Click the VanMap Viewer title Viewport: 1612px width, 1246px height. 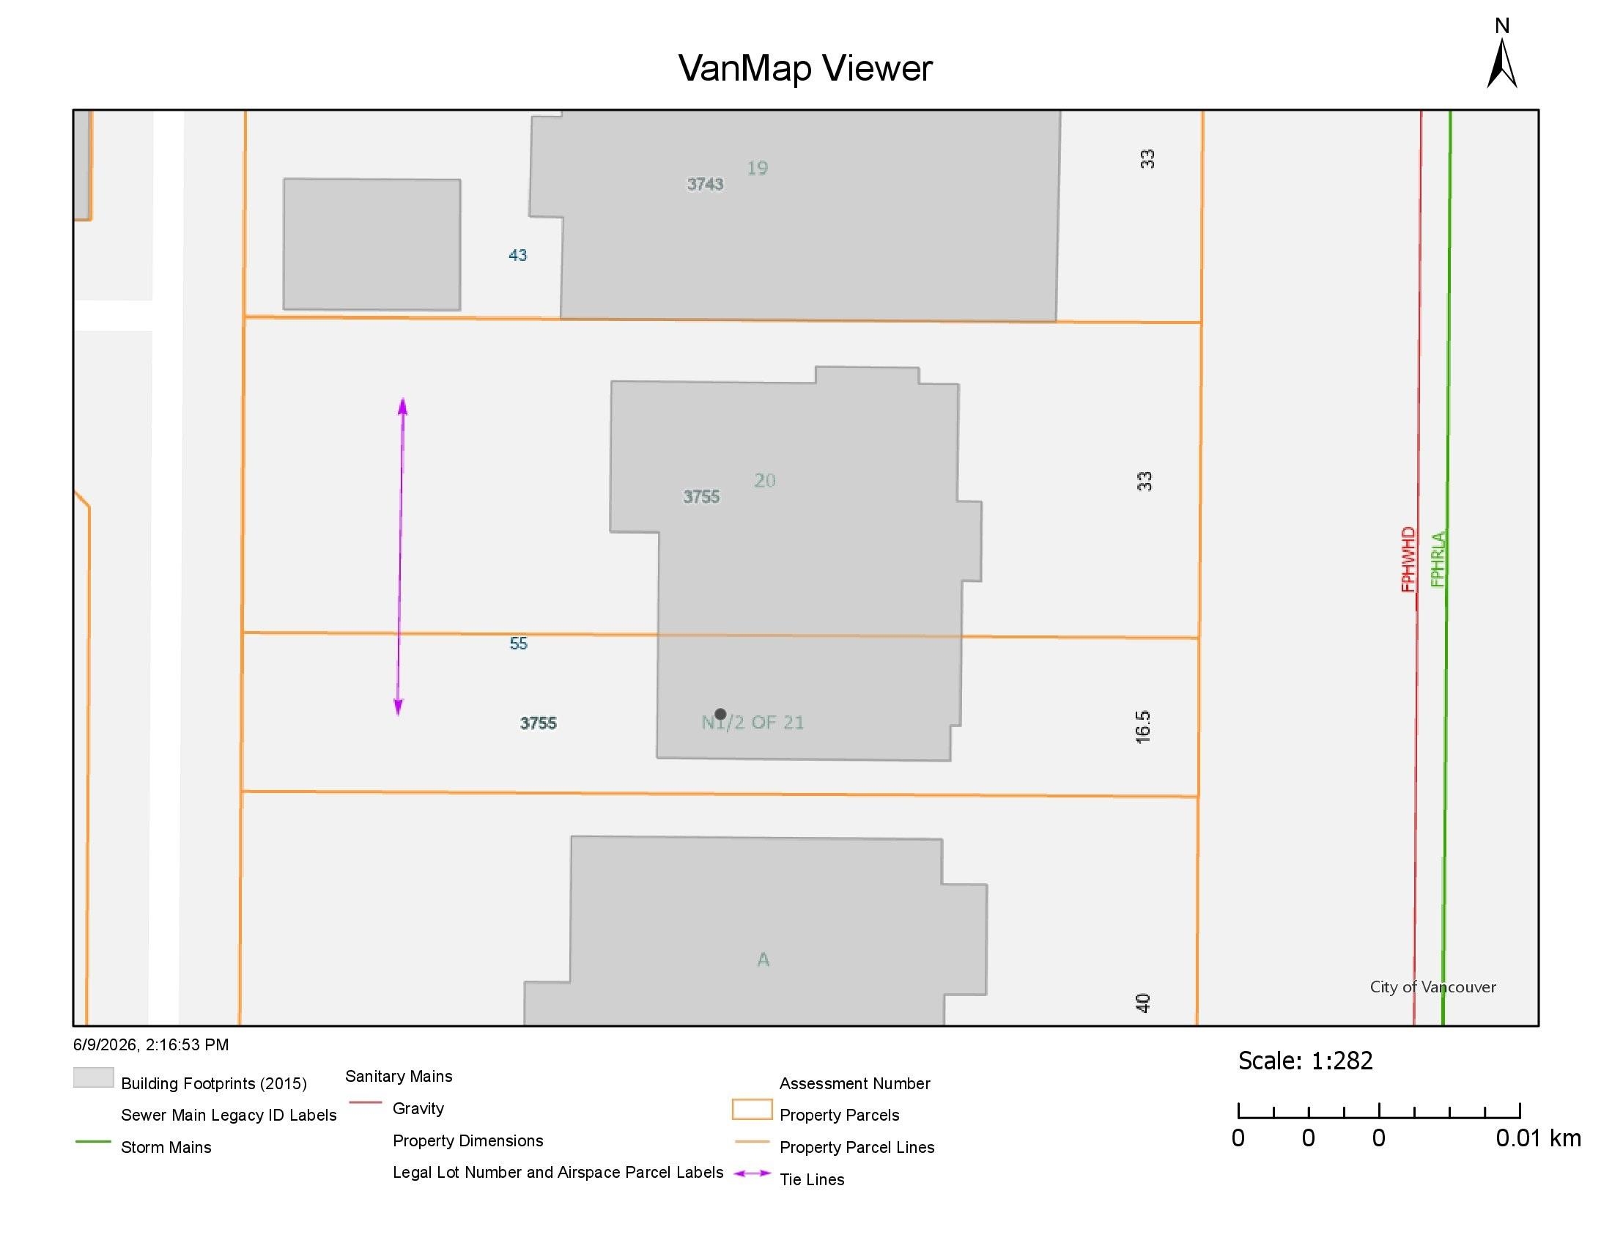coord(805,68)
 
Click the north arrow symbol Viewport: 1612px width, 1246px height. coord(1501,63)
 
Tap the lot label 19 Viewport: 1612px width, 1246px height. coord(758,169)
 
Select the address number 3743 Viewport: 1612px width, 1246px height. coord(705,184)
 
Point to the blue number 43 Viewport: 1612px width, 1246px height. coord(517,255)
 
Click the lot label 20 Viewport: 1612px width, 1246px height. coord(765,481)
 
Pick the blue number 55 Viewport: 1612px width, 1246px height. coord(518,644)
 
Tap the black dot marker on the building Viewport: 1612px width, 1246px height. coord(720,714)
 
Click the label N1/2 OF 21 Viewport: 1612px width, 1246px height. coord(752,722)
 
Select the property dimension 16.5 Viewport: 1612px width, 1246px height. coord(1142,727)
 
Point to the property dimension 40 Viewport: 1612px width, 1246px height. coord(1142,1003)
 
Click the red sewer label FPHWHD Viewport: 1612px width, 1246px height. coord(1408,559)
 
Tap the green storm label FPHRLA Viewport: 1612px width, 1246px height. coord(1438,559)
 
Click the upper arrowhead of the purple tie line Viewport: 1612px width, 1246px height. coord(403,405)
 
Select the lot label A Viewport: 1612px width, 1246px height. coord(764,959)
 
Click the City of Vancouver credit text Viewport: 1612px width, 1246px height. coord(1432,987)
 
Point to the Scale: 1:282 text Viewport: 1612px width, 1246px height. coord(1305,1061)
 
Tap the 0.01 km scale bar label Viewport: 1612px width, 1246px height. coord(1538,1138)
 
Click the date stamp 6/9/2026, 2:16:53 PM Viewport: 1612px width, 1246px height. coord(150,1044)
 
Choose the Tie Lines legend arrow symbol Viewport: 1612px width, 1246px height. coord(752,1173)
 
